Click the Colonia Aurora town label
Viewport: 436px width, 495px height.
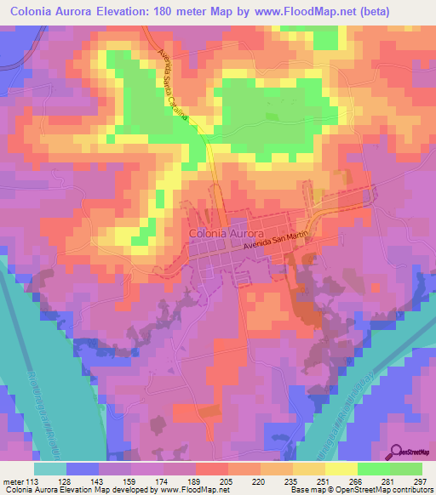225,231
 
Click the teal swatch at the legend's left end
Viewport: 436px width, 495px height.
49,469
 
